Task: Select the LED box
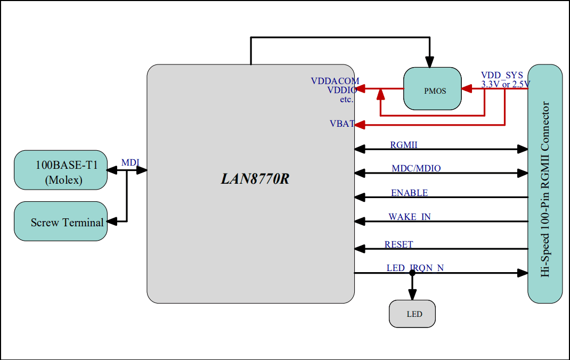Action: coord(412,314)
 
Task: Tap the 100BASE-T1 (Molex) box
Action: coord(60,170)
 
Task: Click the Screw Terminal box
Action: coord(60,221)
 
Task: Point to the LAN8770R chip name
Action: coord(255,179)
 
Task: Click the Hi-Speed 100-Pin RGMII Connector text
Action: coord(545,189)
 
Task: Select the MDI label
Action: coord(131,163)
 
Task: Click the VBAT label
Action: coord(342,124)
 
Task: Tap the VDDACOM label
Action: coord(335,81)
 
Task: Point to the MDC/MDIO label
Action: coord(416,168)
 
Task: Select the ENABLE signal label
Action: coord(409,193)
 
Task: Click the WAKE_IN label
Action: coord(410,217)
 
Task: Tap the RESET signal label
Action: coord(398,244)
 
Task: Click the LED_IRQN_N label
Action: coord(415,268)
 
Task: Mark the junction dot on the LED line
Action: coord(412,273)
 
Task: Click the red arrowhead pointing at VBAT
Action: coord(359,125)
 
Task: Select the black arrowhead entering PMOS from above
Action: coord(429,62)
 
